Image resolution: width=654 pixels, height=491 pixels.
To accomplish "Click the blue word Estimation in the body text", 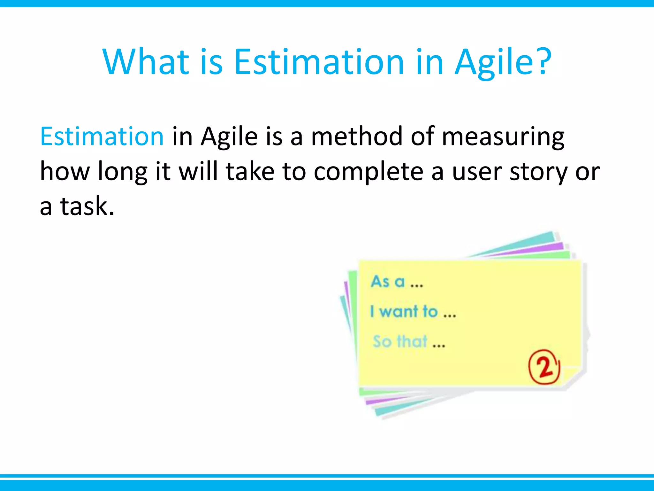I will (102, 136).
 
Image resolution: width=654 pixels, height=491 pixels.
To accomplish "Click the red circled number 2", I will (544, 367).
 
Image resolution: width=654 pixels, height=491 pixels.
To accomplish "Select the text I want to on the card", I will (404, 311).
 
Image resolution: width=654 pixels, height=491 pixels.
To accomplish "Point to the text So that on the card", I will (400, 341).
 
